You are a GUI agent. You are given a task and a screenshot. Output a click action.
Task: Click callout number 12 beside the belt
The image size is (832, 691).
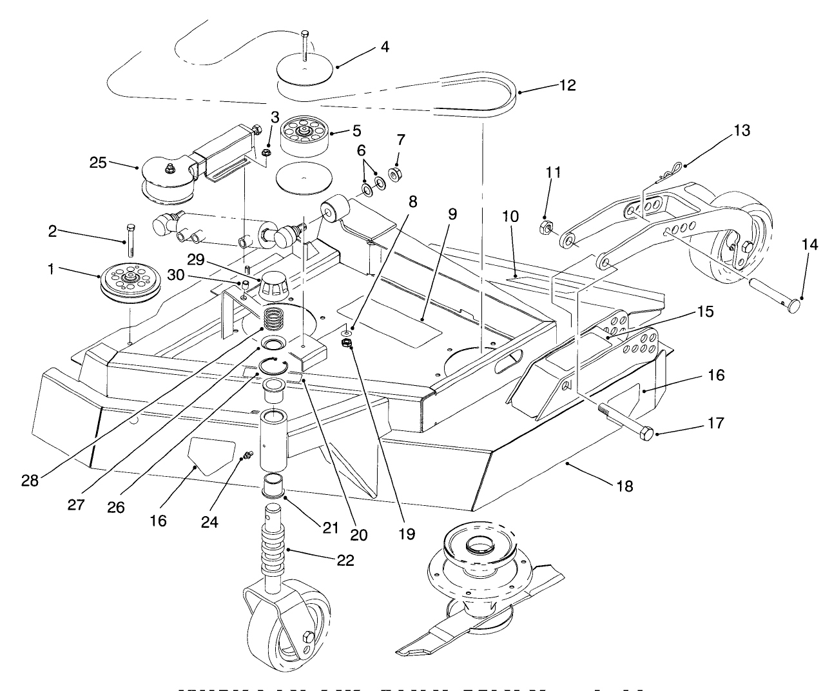pyautogui.click(x=568, y=85)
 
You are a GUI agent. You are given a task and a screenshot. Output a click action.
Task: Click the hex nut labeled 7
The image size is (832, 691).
pyautogui.click(x=397, y=173)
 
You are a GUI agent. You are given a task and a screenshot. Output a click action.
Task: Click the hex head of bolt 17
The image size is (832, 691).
pyautogui.click(x=646, y=433)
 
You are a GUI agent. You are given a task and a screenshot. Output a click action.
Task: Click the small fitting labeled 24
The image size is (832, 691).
pyautogui.click(x=246, y=457)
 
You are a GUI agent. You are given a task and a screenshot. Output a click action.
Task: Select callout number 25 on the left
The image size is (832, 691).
pyautogui.click(x=97, y=162)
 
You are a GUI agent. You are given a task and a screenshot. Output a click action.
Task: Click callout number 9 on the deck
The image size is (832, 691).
pyautogui.click(x=451, y=213)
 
